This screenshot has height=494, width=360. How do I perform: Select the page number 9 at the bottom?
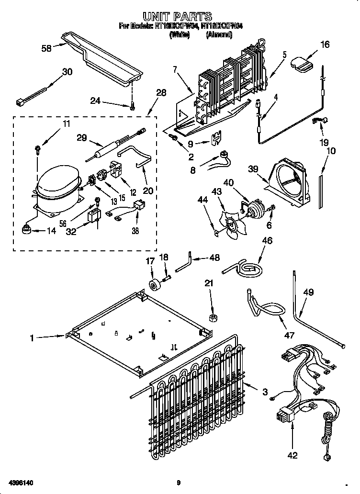point(178,483)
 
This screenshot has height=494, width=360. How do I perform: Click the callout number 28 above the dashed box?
point(161,92)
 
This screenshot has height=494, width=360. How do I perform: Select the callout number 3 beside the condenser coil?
point(265,392)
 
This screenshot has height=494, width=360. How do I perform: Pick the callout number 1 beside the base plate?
point(32,338)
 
